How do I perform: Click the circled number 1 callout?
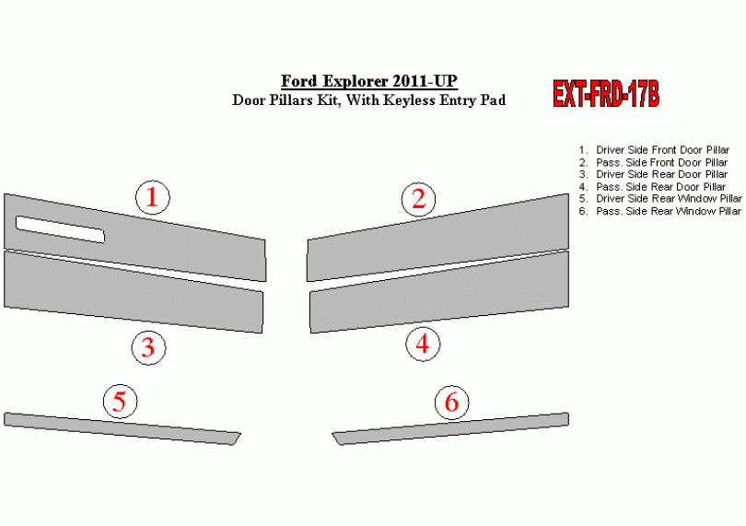coord(153,197)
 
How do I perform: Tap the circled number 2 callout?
coord(419,200)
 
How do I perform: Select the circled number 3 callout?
coord(148,348)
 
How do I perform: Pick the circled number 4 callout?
coord(423,345)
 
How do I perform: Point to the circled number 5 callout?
coord(121,402)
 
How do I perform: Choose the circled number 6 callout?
coord(451,402)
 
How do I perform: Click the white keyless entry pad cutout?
coord(60,229)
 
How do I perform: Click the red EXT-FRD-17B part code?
coord(606,93)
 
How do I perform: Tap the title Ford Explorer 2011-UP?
coord(368,81)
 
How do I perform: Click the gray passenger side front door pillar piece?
coord(437,237)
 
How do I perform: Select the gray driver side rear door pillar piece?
coord(134,291)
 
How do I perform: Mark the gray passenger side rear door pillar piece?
coord(439,291)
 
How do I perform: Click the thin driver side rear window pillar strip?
coord(122,428)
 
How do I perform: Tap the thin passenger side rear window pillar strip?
coord(450,428)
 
